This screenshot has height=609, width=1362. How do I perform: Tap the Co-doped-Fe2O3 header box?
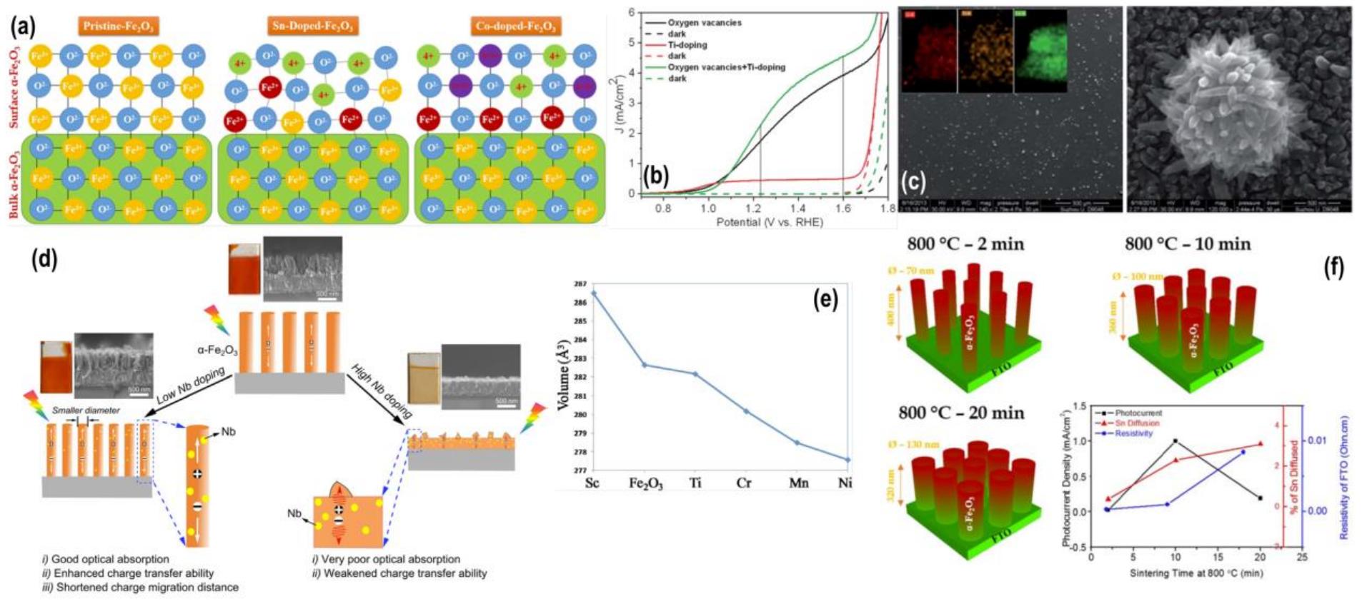[515, 27]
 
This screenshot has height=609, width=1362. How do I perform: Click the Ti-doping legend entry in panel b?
[687, 45]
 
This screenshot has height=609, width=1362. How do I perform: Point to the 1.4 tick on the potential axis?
[797, 208]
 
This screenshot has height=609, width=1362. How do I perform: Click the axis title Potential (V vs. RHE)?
[770, 222]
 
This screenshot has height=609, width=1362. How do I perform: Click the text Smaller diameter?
[86, 411]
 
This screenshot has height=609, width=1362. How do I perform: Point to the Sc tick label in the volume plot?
[592, 483]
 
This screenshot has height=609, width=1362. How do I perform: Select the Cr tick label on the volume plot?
[744, 483]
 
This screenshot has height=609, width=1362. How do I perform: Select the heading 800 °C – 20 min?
[961, 413]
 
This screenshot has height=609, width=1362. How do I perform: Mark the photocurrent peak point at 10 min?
[1175, 441]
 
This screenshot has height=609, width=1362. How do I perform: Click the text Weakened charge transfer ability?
[404, 573]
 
